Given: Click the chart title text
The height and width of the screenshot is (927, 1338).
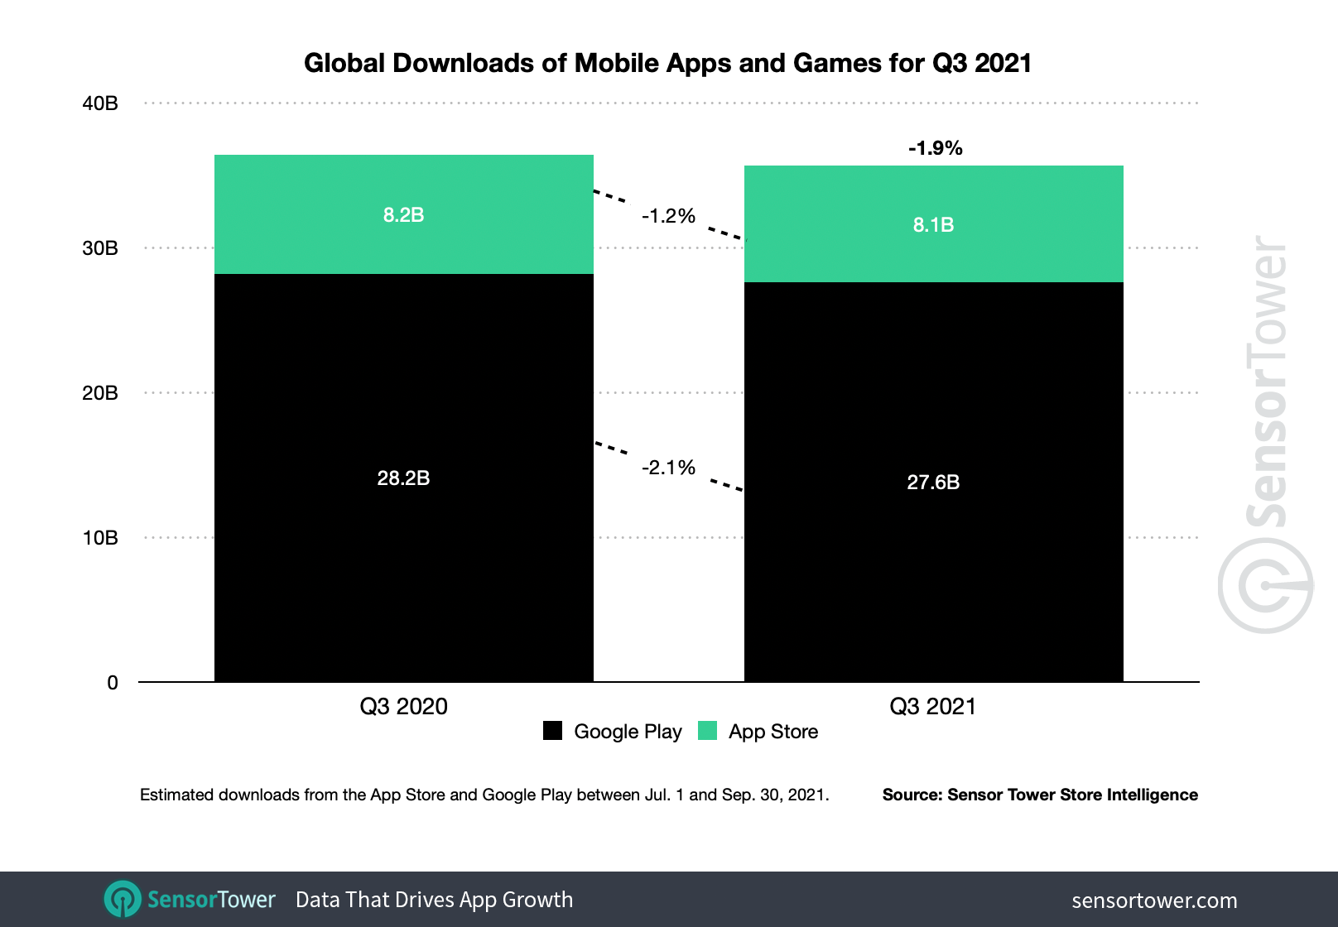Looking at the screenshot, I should (x=667, y=64).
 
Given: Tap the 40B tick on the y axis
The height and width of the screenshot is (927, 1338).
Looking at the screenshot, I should (x=100, y=103).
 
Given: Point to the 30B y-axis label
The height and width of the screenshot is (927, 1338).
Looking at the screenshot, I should (x=100, y=248).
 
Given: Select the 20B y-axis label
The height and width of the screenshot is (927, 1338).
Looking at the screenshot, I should (x=100, y=393).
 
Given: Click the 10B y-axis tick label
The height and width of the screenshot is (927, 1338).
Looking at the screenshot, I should (x=100, y=538).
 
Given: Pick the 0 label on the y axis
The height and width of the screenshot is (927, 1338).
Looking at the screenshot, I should (x=113, y=683).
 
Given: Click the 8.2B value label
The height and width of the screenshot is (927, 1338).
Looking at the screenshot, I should (x=403, y=215).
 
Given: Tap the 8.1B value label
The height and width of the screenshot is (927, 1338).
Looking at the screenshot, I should (x=933, y=225).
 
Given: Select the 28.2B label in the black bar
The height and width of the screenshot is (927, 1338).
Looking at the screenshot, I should (x=403, y=478).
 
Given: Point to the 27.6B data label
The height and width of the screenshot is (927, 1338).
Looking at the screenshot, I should (x=933, y=483).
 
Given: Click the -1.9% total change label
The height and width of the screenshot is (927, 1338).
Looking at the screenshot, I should (x=935, y=148).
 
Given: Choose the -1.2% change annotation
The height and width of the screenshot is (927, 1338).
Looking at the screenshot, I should (x=668, y=216).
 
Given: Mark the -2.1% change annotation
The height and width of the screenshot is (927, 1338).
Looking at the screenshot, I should (x=668, y=468).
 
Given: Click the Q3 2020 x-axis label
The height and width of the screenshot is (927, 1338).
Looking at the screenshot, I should (x=403, y=707).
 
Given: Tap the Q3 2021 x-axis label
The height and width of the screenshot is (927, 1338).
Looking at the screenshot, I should (x=933, y=707).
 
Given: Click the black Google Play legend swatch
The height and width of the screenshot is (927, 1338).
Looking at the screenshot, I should (x=552, y=731).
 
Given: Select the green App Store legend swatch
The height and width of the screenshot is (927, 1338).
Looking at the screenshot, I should (x=707, y=731).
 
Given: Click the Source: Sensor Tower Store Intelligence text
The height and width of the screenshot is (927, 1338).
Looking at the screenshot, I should (x=1040, y=795).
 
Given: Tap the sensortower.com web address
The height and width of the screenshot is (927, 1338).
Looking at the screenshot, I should (x=1154, y=901).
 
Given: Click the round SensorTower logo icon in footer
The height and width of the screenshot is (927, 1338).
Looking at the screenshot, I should (x=123, y=899).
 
